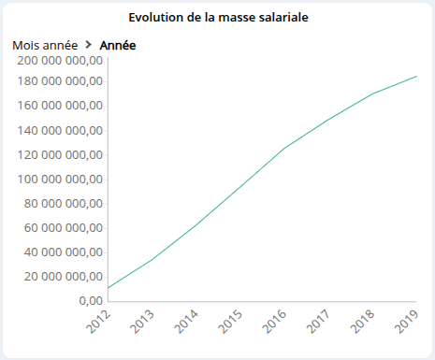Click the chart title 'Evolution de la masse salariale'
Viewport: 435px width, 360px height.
tap(217, 18)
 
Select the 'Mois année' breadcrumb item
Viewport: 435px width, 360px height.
tap(45, 45)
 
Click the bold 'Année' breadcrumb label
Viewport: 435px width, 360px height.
tap(119, 45)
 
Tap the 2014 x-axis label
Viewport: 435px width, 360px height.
tap(187, 322)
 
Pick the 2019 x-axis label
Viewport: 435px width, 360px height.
tap(407, 322)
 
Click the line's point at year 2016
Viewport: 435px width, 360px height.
tap(284, 148)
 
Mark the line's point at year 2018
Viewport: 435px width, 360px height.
tap(372, 94)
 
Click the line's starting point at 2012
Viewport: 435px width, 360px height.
tap(109, 287)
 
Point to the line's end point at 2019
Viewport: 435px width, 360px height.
tap(416, 77)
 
